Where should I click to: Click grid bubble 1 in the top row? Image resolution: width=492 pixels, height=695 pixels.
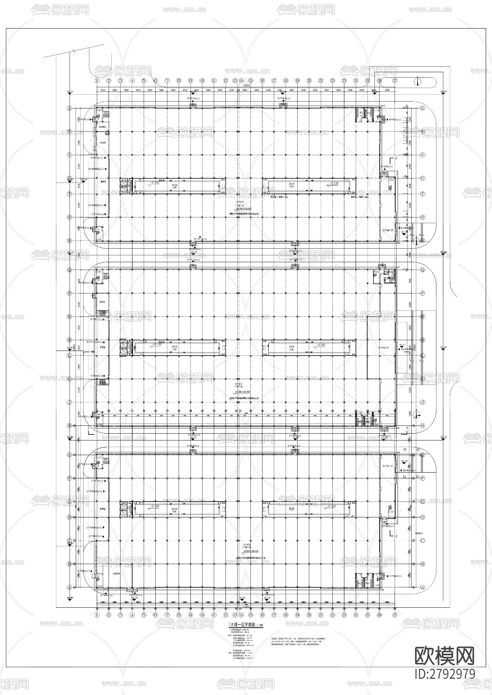[97, 80]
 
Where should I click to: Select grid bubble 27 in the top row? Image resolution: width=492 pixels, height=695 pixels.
[395, 80]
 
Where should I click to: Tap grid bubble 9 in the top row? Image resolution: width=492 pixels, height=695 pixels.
[191, 80]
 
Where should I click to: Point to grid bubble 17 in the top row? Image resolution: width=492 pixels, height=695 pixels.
[274, 80]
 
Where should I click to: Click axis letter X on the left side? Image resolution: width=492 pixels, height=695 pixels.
[70, 108]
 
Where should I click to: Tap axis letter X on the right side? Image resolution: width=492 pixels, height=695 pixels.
[422, 108]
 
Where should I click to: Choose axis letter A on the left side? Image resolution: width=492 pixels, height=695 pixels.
[70, 587]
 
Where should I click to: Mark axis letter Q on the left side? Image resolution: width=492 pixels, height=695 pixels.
[70, 270]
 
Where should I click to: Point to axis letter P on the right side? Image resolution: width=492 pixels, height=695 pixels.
[422, 293]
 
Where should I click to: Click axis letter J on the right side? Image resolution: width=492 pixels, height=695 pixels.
[422, 402]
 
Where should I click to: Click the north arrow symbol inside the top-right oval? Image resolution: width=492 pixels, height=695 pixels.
[418, 81]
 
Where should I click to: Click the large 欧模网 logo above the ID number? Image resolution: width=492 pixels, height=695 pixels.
[444, 655]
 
